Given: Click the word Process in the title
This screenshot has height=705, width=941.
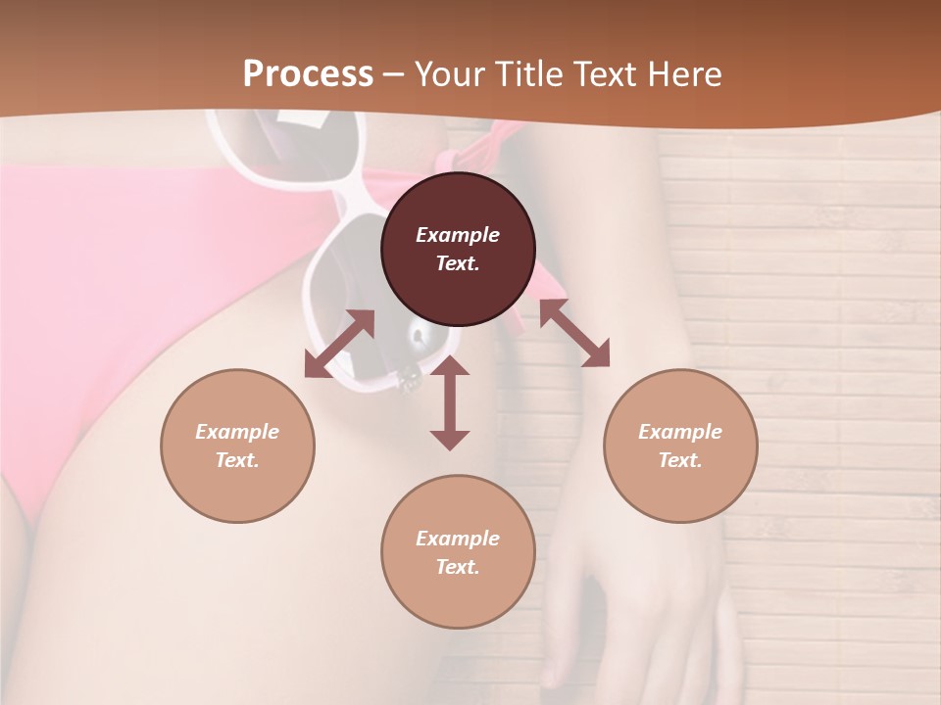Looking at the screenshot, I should (x=308, y=74).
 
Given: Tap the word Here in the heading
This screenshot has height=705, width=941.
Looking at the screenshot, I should (x=684, y=74).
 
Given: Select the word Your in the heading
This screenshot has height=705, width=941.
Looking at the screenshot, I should (x=446, y=74).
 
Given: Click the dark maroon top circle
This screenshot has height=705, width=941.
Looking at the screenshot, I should (x=458, y=250).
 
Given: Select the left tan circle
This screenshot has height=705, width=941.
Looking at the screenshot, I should (x=237, y=446).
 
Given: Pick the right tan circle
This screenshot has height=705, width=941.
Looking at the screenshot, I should (x=680, y=446).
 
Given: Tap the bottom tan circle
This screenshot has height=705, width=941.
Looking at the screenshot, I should (x=458, y=552).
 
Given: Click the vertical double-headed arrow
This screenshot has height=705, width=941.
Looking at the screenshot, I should (x=450, y=402).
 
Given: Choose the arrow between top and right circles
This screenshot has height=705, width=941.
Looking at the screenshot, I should (x=574, y=333).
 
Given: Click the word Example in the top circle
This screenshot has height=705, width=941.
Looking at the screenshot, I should (x=458, y=235).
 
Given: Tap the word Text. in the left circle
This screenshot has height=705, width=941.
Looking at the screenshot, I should (x=237, y=460).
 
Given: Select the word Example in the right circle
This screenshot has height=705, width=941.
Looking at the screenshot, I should (x=680, y=432).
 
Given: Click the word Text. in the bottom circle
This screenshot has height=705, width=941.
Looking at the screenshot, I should (x=458, y=567).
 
